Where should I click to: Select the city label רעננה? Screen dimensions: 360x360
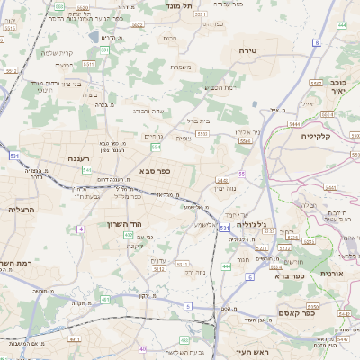click(x=78, y=158)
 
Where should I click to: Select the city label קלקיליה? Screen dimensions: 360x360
click(x=315, y=137)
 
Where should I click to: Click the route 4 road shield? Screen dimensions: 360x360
click(x=81, y=229)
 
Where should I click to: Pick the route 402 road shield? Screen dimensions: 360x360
click(x=129, y=235)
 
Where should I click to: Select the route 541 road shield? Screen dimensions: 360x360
click(x=87, y=168)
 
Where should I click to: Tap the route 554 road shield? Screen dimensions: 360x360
click(x=156, y=146)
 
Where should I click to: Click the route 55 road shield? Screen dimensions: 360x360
click(x=241, y=173)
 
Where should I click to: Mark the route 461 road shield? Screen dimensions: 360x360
click(x=184, y=340)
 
